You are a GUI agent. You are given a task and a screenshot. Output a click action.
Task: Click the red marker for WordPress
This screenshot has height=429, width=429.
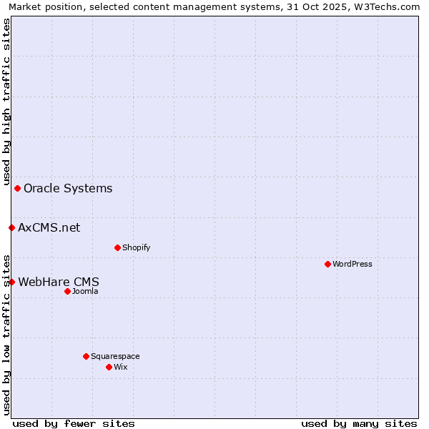[327, 264]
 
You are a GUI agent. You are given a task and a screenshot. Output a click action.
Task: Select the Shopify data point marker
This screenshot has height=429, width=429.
[117, 247]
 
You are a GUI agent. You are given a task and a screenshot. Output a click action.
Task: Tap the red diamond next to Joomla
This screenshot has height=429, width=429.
[67, 291]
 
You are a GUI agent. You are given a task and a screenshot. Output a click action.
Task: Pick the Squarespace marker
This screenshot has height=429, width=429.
[86, 356]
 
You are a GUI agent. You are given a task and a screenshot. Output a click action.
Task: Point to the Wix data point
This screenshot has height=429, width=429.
[109, 367]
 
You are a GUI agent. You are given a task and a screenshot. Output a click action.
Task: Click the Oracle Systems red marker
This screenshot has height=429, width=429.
[17, 188]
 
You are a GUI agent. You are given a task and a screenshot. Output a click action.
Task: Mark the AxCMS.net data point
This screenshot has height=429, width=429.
[11, 227]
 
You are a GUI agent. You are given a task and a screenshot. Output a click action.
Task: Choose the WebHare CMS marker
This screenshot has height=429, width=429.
[11, 282]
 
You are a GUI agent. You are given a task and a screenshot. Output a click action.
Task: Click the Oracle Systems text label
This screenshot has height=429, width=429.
[68, 189]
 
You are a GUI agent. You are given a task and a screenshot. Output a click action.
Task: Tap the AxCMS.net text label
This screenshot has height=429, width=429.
[49, 228]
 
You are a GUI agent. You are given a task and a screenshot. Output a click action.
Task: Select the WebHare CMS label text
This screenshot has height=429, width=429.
[59, 282]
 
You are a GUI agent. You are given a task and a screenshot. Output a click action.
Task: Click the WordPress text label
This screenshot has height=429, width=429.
[352, 265]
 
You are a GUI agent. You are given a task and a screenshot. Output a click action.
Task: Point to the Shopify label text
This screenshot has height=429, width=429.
[136, 248]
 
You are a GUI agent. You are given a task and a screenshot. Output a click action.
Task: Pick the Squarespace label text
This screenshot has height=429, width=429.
[115, 357]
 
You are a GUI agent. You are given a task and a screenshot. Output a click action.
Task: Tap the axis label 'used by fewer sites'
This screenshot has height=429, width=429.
[74, 423]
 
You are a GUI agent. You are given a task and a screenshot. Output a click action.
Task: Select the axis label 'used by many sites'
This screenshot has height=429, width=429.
[359, 423]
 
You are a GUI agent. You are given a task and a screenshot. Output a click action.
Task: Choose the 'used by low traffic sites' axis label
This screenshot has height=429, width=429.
[7, 334]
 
